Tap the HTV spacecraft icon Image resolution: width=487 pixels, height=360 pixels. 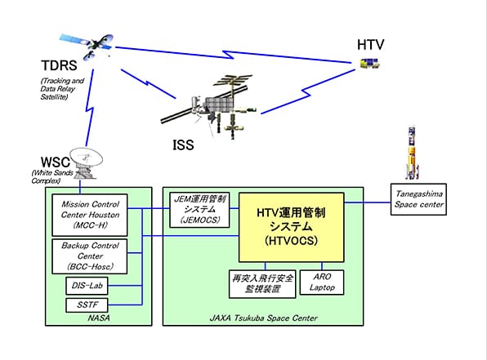[369, 64]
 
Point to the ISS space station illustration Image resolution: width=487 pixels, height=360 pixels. [208, 106]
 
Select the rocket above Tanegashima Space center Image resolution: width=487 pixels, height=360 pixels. [412, 153]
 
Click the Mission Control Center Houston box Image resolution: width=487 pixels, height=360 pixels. [90, 215]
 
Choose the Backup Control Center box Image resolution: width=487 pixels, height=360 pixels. [90, 256]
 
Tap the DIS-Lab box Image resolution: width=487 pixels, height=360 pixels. [87, 286]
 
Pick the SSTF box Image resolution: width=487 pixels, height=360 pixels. [87, 305]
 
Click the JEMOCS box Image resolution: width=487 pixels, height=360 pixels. [199, 210]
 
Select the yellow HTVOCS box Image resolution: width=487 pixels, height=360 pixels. [292, 228]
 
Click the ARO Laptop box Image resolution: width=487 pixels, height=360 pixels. [322, 282]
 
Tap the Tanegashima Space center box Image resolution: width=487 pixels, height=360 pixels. [418, 199]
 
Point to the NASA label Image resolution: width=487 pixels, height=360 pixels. [99, 318]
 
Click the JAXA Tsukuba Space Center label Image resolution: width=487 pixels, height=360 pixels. [263, 318]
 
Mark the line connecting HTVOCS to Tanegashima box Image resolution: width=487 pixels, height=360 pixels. [368, 202]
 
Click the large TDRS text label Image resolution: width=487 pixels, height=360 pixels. [59, 65]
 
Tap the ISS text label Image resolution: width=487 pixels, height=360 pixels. [183, 145]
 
